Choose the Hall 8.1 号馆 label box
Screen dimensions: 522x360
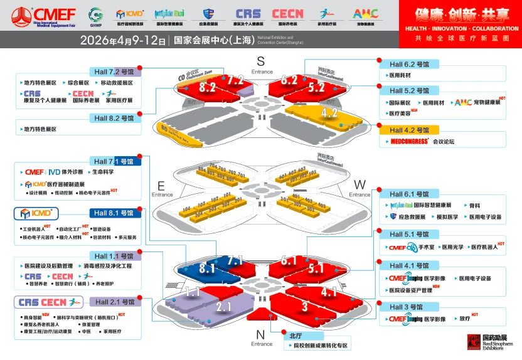pyautogui.click(x=114, y=213)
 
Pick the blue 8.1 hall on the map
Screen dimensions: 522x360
pyautogui.click(x=208, y=268)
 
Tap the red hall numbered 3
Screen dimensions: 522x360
pyautogui.click(x=304, y=307)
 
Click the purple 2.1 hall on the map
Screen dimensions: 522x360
pyautogui.click(x=224, y=307)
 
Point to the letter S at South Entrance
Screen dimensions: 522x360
pyautogui.click(x=261, y=61)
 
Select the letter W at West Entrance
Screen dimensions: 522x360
pyautogui.click(x=360, y=185)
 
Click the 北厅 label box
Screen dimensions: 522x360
pyautogui.click(x=296, y=336)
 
